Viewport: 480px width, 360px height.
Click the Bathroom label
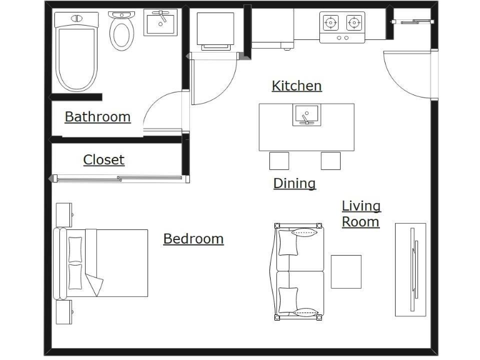coord(97,117)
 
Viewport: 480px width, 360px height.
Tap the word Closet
coord(104,160)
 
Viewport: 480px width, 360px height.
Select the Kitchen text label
coord(296,86)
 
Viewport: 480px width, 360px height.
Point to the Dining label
coord(294,183)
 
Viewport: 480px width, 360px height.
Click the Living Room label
coord(361,214)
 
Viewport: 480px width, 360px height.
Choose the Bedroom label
coord(193,239)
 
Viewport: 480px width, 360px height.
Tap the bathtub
coord(76,52)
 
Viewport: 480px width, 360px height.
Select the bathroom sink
coord(161,22)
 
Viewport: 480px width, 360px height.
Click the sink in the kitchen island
coord(306,115)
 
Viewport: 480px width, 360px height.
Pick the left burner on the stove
coord(330,23)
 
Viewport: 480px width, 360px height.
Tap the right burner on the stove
coord(354,23)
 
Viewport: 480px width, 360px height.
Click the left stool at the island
coord(279,161)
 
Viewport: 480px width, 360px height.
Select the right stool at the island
coord(331,161)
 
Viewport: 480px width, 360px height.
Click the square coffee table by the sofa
coord(346,271)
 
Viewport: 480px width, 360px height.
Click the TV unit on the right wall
coord(411,269)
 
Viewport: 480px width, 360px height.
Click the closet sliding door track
coord(119,179)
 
